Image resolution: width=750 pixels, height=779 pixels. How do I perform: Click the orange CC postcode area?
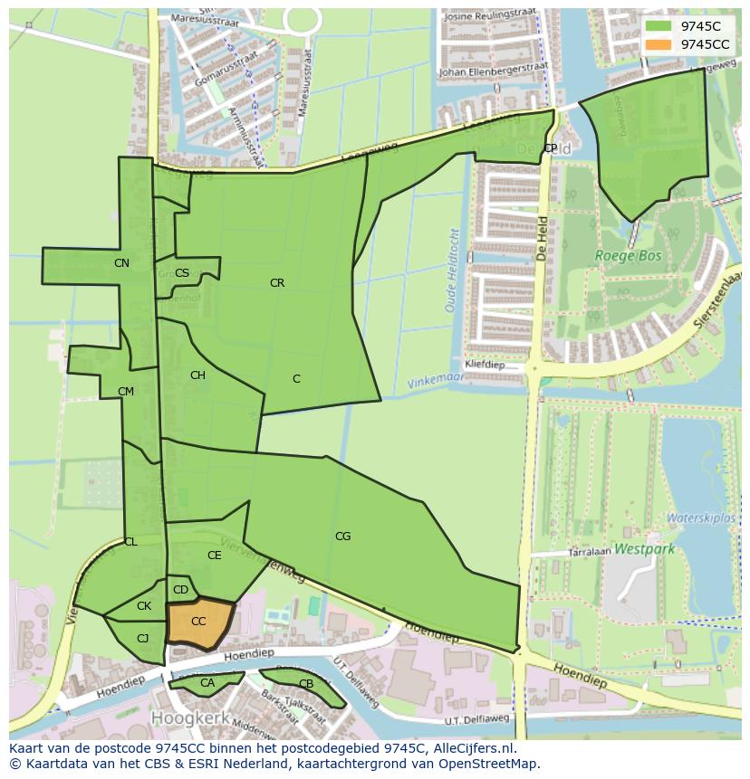tap(199, 622)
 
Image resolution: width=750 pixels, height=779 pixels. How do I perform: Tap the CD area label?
tap(180, 591)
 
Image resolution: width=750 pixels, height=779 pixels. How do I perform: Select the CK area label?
tap(144, 606)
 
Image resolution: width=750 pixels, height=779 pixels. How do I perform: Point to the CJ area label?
tap(142, 638)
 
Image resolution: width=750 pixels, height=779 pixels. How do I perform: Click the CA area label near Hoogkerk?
tap(207, 683)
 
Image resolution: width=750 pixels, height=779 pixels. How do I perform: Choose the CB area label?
tap(305, 684)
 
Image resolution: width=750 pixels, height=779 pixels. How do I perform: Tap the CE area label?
tap(214, 556)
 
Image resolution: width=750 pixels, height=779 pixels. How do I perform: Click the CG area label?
tap(342, 537)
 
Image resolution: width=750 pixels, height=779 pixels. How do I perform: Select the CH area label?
tap(197, 375)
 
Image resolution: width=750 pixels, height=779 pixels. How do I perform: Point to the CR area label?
tap(277, 283)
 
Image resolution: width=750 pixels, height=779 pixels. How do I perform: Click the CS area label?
tap(182, 273)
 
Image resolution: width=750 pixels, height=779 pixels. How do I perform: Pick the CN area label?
tap(121, 263)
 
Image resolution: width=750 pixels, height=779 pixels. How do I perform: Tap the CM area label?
tap(126, 392)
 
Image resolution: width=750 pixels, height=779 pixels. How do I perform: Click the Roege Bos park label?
tap(628, 256)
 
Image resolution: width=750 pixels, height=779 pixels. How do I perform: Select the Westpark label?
tap(644, 548)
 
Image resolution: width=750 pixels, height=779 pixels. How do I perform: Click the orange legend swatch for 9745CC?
tap(659, 44)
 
